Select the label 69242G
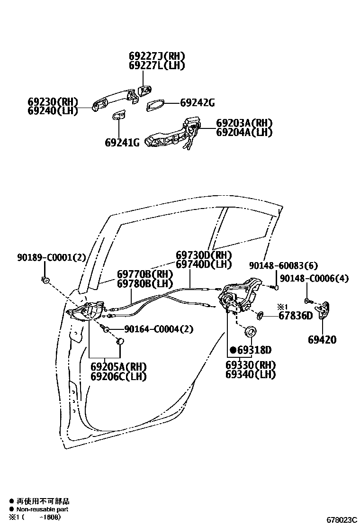click(198, 103)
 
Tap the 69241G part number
click(122, 142)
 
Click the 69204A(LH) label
click(244, 132)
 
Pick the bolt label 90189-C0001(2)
click(52, 258)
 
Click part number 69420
click(322, 339)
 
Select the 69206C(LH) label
click(118, 377)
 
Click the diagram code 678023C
click(341, 520)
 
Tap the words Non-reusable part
click(42, 509)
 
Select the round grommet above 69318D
click(251, 331)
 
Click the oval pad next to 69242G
click(155, 105)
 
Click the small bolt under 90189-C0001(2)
click(46, 280)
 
